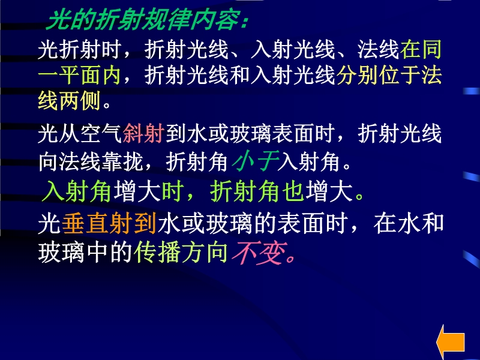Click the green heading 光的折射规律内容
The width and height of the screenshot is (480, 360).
[x=143, y=21]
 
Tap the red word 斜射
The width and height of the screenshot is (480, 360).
[x=143, y=134]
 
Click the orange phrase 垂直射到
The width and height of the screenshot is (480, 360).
[x=109, y=223]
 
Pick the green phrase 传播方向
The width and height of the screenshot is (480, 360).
[x=181, y=253]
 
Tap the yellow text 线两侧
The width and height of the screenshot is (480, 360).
[x=69, y=101]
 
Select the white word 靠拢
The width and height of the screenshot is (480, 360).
[x=122, y=161]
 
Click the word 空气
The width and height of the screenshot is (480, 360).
[x=101, y=134]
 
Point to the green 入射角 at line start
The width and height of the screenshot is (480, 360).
[x=76, y=191]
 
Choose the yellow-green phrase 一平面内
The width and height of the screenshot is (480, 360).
[x=79, y=75]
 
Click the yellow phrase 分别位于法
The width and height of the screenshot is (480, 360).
[x=389, y=75]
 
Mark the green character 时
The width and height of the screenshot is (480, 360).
[x=173, y=191]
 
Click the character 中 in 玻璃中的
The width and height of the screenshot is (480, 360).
[x=97, y=253]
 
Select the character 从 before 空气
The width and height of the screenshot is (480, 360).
[x=70, y=134]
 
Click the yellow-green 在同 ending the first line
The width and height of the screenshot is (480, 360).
[x=421, y=49]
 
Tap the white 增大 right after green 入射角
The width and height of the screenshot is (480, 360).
[x=137, y=191]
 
